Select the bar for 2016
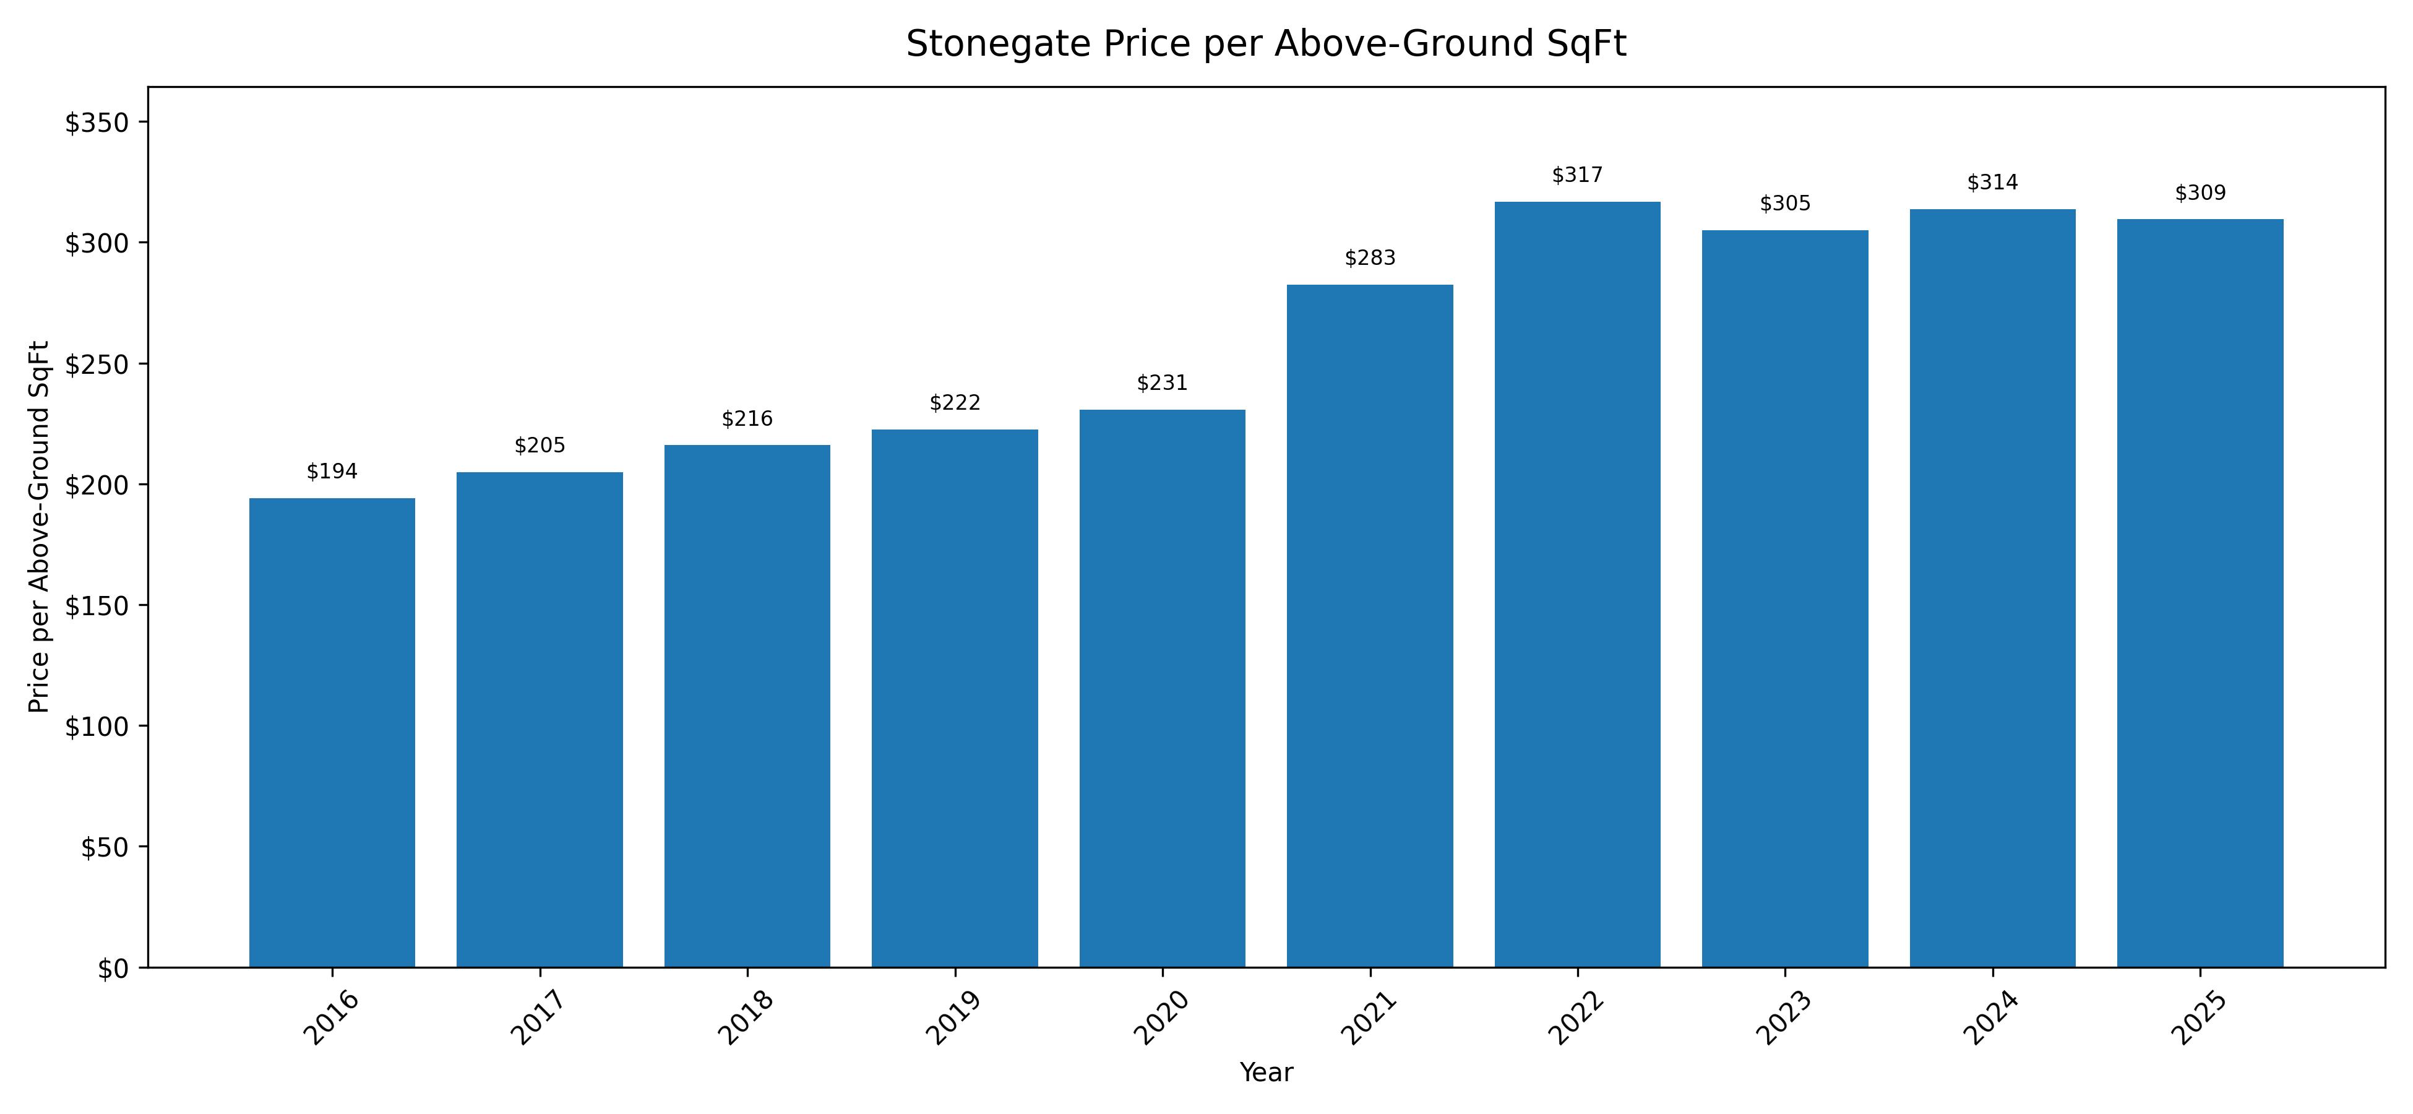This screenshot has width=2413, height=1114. tap(332, 732)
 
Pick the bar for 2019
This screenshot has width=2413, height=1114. tap(955, 698)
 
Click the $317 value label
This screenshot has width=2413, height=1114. tap(1578, 175)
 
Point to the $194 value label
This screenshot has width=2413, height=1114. tap(332, 471)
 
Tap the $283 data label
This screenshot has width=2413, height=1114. tap(1369, 257)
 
